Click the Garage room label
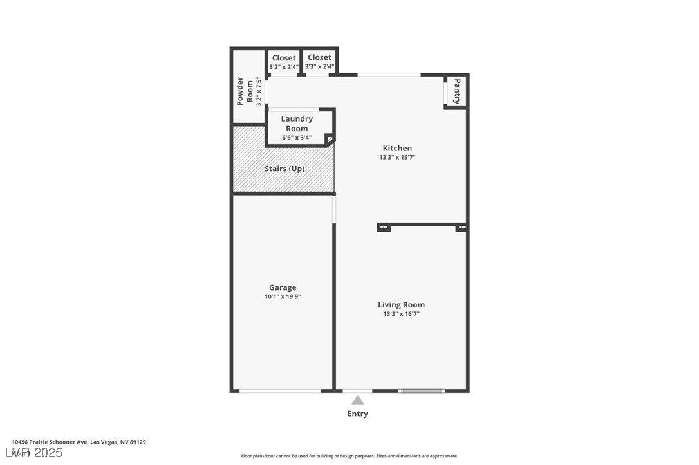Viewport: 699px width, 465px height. tap(283, 287)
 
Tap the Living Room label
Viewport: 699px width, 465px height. tap(401, 305)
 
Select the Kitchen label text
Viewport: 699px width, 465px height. tap(397, 148)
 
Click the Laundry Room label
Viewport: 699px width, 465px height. tap(297, 123)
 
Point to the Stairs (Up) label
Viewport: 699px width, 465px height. tap(284, 169)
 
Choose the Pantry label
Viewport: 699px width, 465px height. tap(457, 91)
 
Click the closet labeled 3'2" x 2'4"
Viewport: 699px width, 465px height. tap(284, 62)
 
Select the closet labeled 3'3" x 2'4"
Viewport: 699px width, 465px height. tap(319, 62)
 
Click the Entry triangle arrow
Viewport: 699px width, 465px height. tap(357, 400)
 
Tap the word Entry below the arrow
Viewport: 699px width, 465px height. tap(357, 414)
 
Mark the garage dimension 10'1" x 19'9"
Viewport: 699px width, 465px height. tap(283, 296)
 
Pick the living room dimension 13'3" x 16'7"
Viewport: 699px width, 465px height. tap(401, 314)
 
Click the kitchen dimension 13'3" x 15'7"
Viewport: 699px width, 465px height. tap(397, 157)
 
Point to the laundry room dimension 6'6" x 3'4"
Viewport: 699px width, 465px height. tap(297, 138)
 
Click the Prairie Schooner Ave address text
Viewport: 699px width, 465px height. tap(79, 442)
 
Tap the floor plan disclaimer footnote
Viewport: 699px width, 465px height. tap(349, 456)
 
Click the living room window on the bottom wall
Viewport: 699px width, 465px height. tap(422, 390)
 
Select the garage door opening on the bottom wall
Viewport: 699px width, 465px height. tap(280, 390)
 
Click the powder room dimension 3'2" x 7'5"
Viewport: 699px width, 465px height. tap(259, 91)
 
